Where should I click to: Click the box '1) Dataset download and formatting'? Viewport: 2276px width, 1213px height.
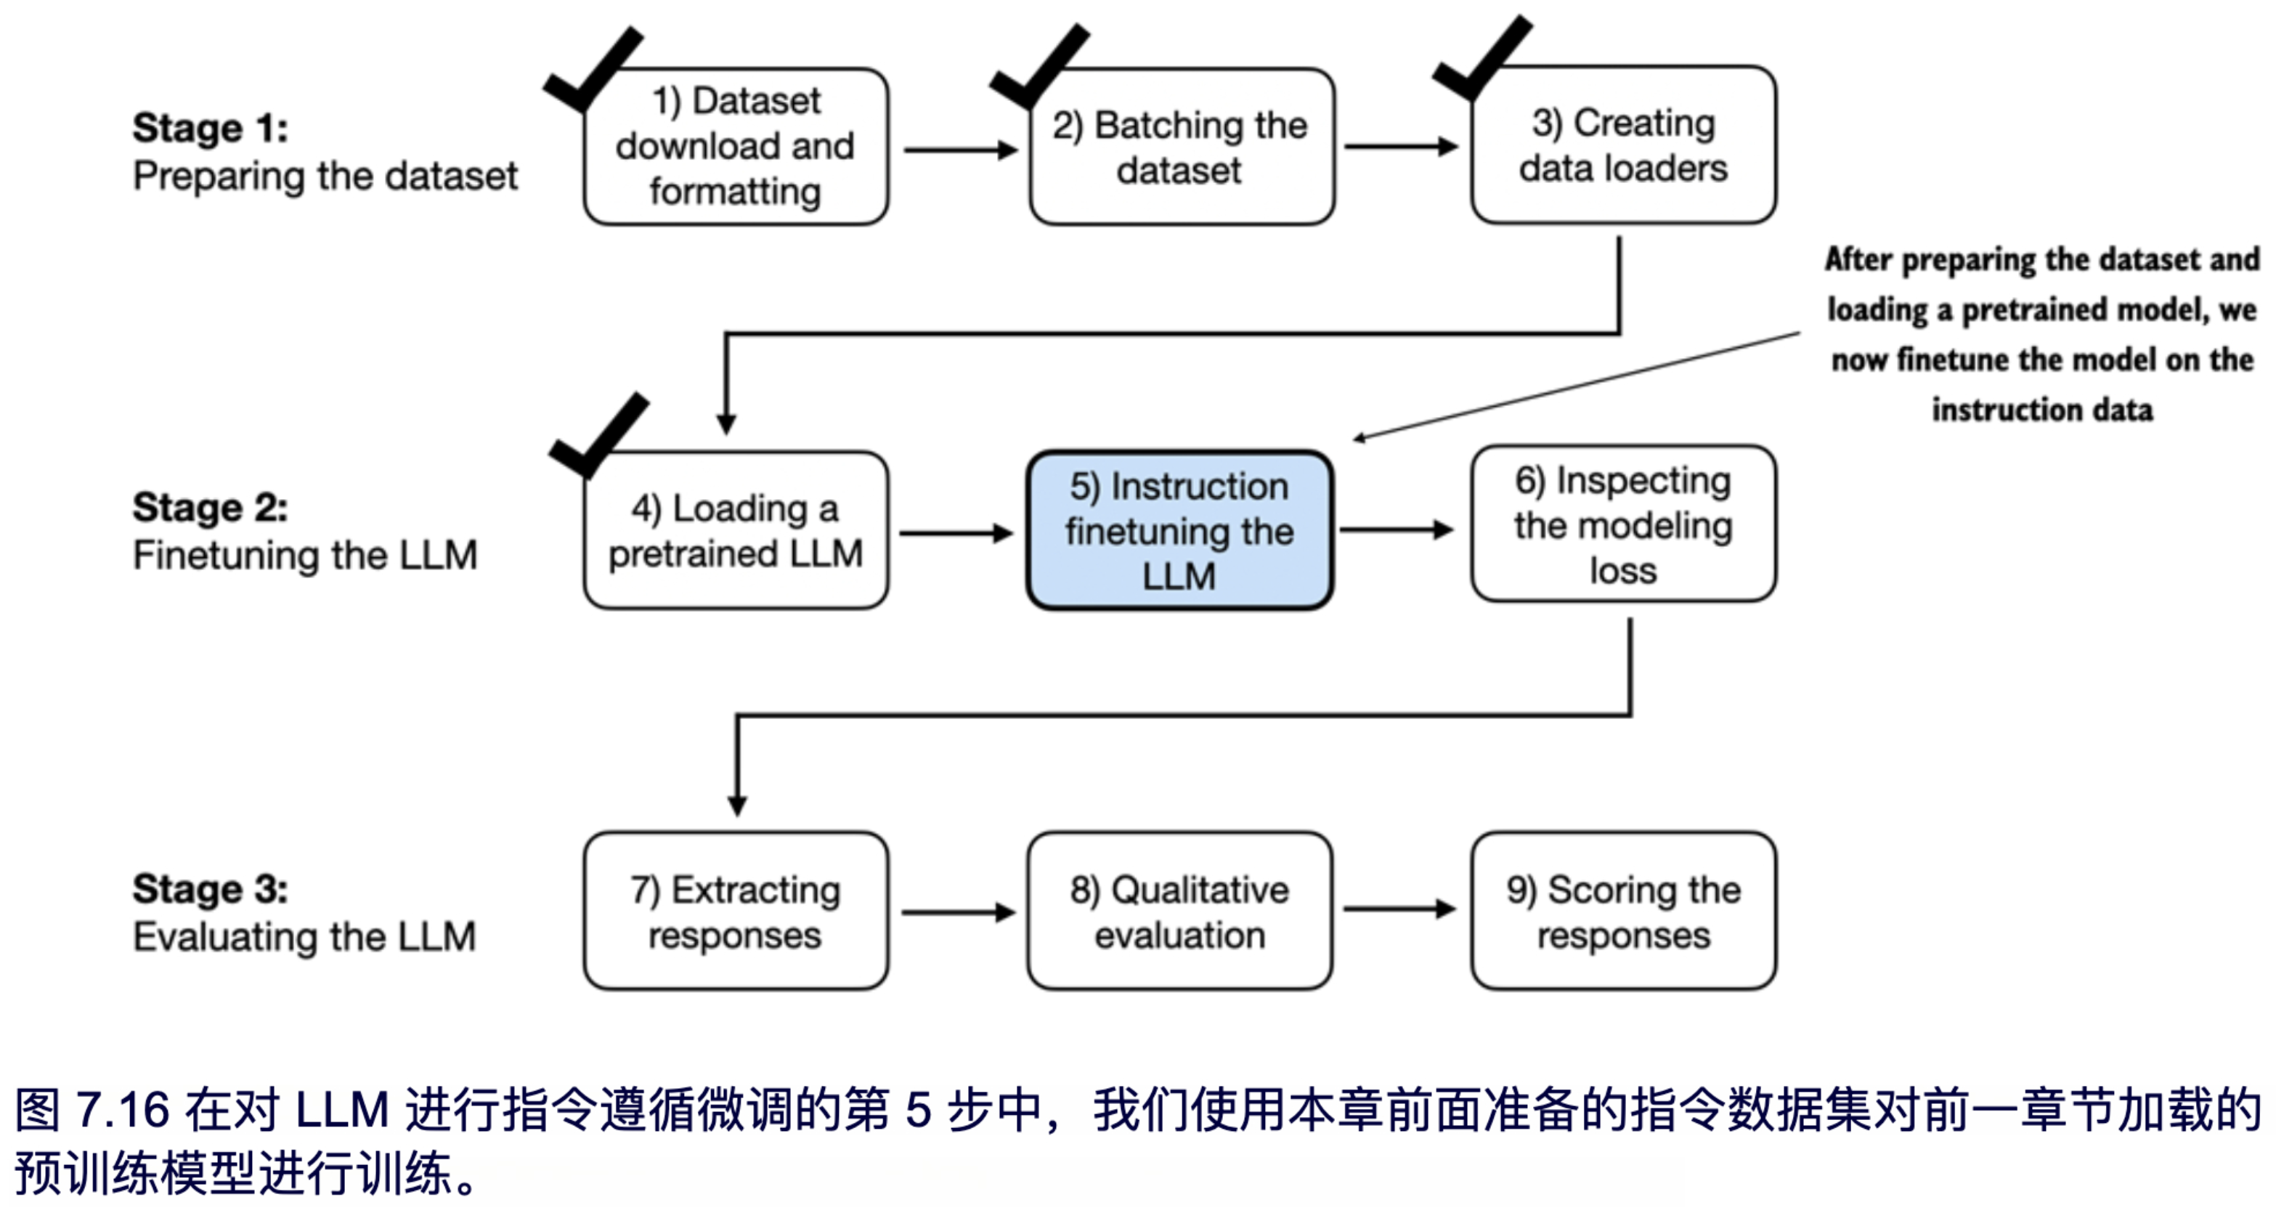pyautogui.click(x=735, y=147)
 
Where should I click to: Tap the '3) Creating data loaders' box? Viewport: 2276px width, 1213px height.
pyautogui.click(x=1623, y=145)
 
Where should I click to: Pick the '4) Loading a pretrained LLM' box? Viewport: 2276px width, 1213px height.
pyautogui.click(x=735, y=530)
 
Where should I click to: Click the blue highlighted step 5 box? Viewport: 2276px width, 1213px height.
pyautogui.click(x=1179, y=530)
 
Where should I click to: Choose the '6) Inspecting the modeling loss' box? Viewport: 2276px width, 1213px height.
pyautogui.click(x=1623, y=524)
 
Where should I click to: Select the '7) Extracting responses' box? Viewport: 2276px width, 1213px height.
pyautogui.click(x=735, y=911)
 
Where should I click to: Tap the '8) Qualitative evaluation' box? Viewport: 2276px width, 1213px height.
pyautogui.click(x=1179, y=911)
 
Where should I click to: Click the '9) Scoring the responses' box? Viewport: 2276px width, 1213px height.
pyautogui.click(x=1623, y=911)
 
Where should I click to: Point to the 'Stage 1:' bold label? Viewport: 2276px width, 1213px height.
pyautogui.click(x=211, y=128)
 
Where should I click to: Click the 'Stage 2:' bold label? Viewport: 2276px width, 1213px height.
pyautogui.click(x=211, y=508)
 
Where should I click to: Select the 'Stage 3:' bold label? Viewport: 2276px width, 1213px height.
pyautogui.click(x=211, y=889)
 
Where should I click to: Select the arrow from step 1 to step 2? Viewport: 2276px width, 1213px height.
pyautogui.click(x=959, y=150)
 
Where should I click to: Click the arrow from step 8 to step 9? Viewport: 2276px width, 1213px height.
pyautogui.click(x=1399, y=909)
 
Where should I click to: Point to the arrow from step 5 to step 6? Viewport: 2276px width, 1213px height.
pyautogui.click(x=1396, y=530)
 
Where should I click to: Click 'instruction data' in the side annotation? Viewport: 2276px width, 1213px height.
pyautogui.click(x=2042, y=410)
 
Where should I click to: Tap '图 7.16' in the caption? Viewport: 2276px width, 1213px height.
pyautogui.click(x=92, y=1110)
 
